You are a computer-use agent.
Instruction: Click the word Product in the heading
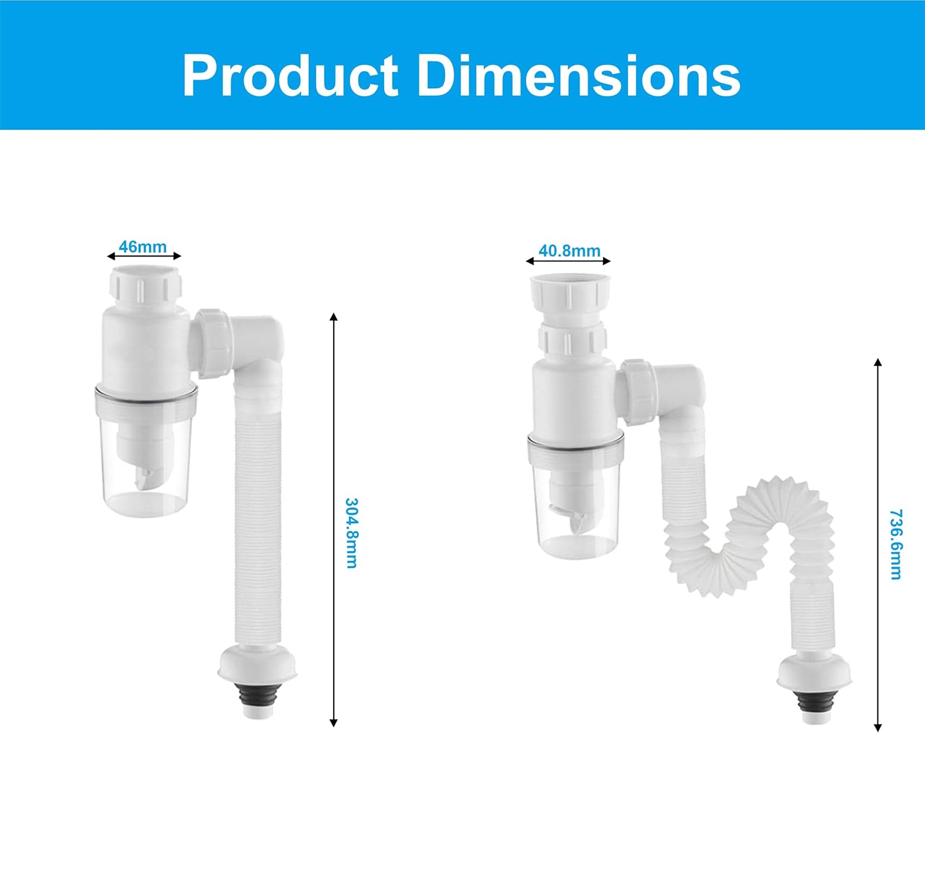coord(290,76)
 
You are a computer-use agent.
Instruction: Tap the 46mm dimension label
coord(142,247)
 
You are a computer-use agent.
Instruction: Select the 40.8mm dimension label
coord(569,251)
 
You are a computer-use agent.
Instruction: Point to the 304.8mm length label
coord(351,533)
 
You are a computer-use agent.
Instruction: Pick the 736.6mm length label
coord(896,544)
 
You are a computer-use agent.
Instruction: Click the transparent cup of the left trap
coord(146,469)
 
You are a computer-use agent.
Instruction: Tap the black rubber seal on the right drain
coord(814,704)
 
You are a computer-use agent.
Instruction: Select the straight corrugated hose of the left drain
coord(258,524)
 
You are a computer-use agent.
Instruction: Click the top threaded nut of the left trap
coord(145,285)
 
